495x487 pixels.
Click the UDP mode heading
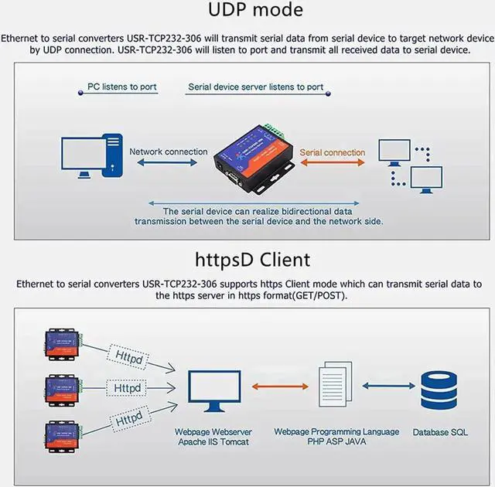click(x=255, y=9)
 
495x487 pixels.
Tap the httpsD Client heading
click(x=253, y=260)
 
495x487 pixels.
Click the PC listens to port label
click(x=122, y=87)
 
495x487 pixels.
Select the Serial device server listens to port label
click(x=256, y=87)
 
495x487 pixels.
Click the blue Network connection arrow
click(x=167, y=162)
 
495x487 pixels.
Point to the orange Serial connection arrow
click(x=333, y=162)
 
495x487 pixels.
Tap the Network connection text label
click(x=169, y=152)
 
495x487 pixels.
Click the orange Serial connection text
click(x=333, y=152)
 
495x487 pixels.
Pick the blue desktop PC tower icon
click(x=112, y=155)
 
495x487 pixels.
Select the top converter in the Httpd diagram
click(x=62, y=344)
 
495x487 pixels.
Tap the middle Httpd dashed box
click(x=127, y=387)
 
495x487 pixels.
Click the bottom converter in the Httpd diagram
click(x=62, y=436)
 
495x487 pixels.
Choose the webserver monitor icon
click(x=214, y=391)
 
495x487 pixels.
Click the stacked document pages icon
click(x=335, y=384)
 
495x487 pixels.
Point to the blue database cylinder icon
click(x=439, y=390)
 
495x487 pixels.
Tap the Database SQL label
click(x=440, y=432)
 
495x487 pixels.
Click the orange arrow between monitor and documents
click(x=280, y=386)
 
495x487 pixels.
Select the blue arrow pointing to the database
click(x=388, y=386)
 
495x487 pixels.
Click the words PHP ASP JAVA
click(x=336, y=441)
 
